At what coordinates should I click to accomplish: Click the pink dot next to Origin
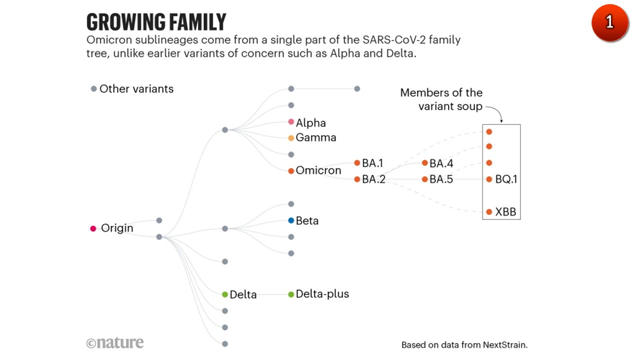point(93,228)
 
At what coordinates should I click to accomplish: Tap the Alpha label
point(310,123)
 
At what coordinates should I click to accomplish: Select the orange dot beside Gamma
point(291,138)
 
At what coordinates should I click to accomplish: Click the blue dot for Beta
point(291,220)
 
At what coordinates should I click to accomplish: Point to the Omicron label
point(318,170)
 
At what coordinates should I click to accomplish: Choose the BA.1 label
point(372,163)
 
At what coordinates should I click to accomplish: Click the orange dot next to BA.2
point(357,179)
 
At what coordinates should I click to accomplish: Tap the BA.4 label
point(441,163)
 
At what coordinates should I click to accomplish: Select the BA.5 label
point(441,179)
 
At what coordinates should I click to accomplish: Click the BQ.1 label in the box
point(506,179)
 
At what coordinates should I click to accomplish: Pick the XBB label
point(505,212)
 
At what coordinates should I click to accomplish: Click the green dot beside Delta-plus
point(291,294)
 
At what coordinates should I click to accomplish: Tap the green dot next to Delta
point(225,294)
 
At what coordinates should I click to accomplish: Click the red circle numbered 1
point(609,22)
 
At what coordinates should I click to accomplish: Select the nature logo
point(115,343)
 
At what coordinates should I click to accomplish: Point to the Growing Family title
point(156,22)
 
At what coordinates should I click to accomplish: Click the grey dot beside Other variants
point(93,89)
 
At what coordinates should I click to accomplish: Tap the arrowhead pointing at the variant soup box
point(501,120)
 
